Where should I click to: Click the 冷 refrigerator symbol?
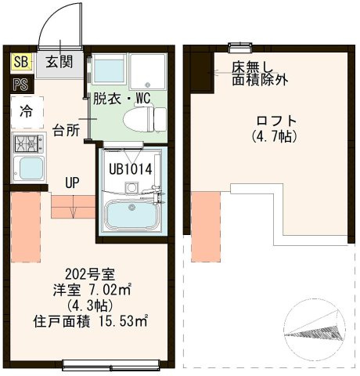(x=26, y=111)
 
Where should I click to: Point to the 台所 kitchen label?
(x=66, y=130)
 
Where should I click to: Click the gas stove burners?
(x=27, y=143)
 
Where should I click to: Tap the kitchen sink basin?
(x=29, y=168)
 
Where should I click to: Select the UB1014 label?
(x=130, y=167)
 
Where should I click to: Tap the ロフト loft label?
(x=275, y=121)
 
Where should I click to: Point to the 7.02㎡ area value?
(x=112, y=290)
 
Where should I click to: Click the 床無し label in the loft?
(x=251, y=67)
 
